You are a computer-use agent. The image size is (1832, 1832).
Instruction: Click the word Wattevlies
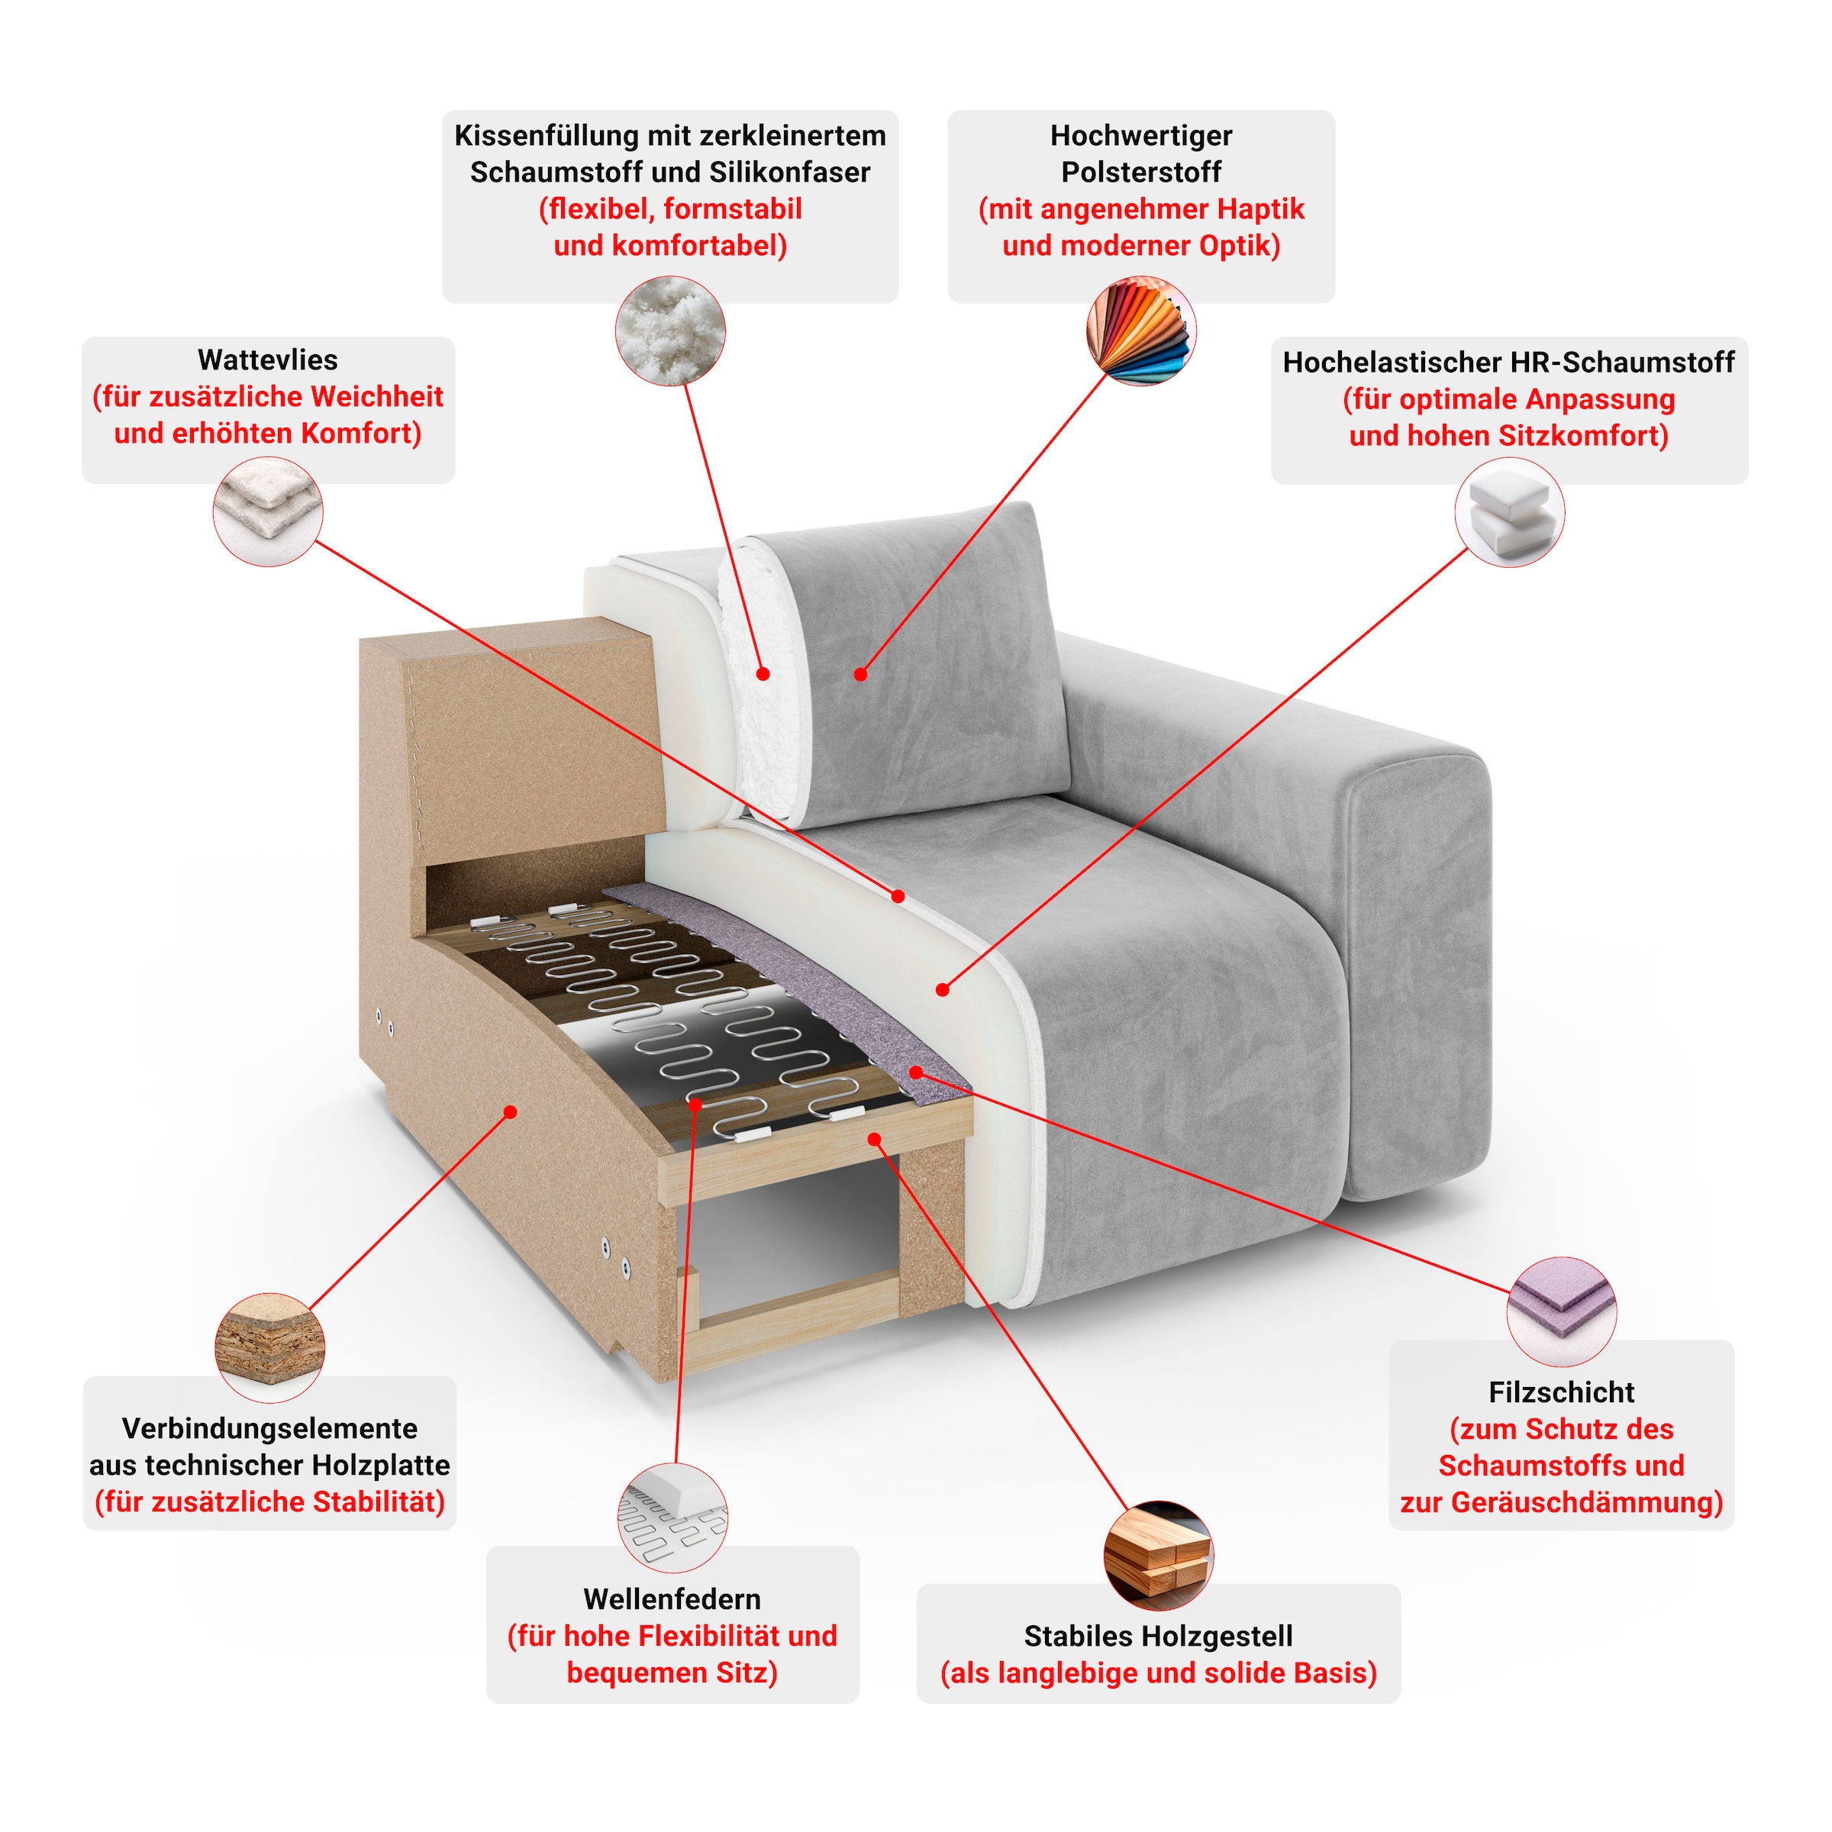point(267,360)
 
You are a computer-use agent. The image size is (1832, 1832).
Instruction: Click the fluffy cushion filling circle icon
point(670,331)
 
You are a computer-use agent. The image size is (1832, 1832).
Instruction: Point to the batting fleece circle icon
point(267,511)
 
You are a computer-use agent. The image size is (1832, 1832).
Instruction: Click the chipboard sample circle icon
point(270,1347)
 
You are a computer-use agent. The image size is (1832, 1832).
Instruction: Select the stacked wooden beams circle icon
point(1158,1555)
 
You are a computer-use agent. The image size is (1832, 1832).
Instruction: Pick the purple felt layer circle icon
point(1561,1312)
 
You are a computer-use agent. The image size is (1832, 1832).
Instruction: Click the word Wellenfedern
point(672,1598)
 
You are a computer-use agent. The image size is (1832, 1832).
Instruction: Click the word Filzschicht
point(1561,1392)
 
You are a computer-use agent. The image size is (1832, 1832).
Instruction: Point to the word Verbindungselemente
point(269,1428)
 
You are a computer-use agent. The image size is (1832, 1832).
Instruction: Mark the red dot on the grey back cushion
point(860,674)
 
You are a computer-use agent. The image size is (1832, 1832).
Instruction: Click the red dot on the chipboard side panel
point(510,1111)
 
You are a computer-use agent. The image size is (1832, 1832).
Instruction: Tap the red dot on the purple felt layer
point(916,1072)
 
